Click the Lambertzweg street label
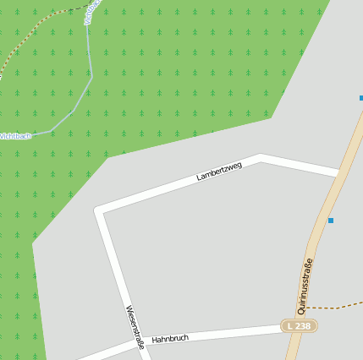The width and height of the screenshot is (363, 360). point(219,171)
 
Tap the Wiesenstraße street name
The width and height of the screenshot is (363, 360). point(134,327)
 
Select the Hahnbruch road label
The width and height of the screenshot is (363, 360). point(170,338)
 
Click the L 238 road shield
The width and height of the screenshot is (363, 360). point(299,325)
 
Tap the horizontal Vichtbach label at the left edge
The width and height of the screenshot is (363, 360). point(14,135)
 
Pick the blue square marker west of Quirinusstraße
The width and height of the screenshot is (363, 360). point(331,221)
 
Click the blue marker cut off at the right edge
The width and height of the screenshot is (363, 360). point(360,98)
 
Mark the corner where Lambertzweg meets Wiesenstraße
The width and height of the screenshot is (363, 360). point(100,210)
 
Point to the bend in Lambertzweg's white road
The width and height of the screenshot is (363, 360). point(261,158)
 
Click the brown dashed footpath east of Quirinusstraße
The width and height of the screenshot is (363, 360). point(334,306)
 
